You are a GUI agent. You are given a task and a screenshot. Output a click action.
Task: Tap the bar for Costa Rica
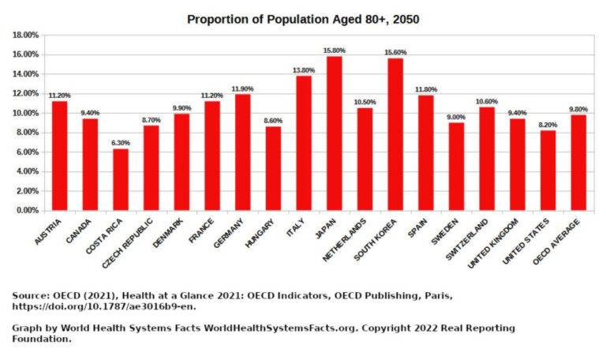click(x=120, y=180)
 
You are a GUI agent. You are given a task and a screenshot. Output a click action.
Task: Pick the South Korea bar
click(x=395, y=134)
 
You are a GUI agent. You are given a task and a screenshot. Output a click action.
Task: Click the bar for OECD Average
click(x=578, y=163)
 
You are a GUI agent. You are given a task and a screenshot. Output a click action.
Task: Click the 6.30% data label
click(x=120, y=143)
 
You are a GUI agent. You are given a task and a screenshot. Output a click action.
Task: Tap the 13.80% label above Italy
click(x=303, y=70)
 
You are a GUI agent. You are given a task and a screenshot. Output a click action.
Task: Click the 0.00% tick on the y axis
click(x=27, y=211)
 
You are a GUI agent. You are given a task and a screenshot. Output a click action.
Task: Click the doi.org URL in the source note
click(x=104, y=306)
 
